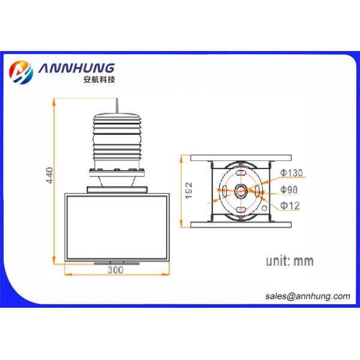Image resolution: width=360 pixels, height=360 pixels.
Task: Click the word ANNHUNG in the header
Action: coord(76,67)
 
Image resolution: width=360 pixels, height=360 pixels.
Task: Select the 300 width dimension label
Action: coord(115,271)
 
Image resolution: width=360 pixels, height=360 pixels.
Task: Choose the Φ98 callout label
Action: coord(289,190)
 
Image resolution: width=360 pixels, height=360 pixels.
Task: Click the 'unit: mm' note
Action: coord(290,261)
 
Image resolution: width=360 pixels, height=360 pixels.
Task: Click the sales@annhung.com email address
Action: coord(307,296)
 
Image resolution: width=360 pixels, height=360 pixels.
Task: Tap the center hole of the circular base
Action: coord(241,192)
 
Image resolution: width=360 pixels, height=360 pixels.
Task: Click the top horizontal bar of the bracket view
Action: coord(241,158)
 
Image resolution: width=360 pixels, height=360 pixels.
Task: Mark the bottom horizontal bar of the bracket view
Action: coord(241,225)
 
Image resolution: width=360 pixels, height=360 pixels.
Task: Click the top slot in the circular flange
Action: coord(241,173)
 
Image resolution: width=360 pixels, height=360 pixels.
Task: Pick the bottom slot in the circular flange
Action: coord(241,210)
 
